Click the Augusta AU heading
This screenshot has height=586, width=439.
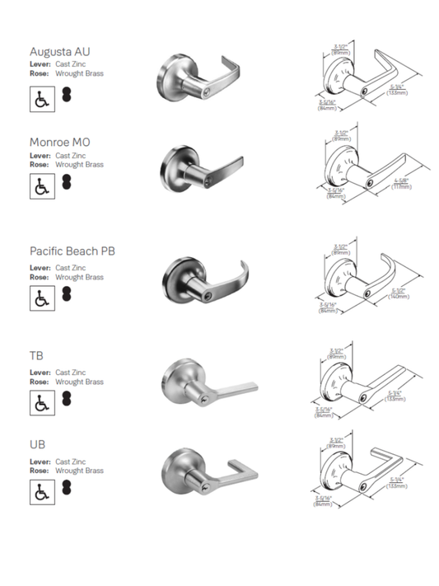click(59, 52)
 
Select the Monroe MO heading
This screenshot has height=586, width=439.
click(59, 142)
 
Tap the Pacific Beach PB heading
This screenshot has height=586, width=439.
click(72, 251)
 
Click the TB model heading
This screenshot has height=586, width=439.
click(36, 355)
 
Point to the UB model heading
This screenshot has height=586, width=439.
click(37, 444)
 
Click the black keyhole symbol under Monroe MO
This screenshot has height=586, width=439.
click(67, 181)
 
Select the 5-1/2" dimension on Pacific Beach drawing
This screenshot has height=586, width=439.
click(398, 292)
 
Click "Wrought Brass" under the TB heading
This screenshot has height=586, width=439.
click(79, 382)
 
